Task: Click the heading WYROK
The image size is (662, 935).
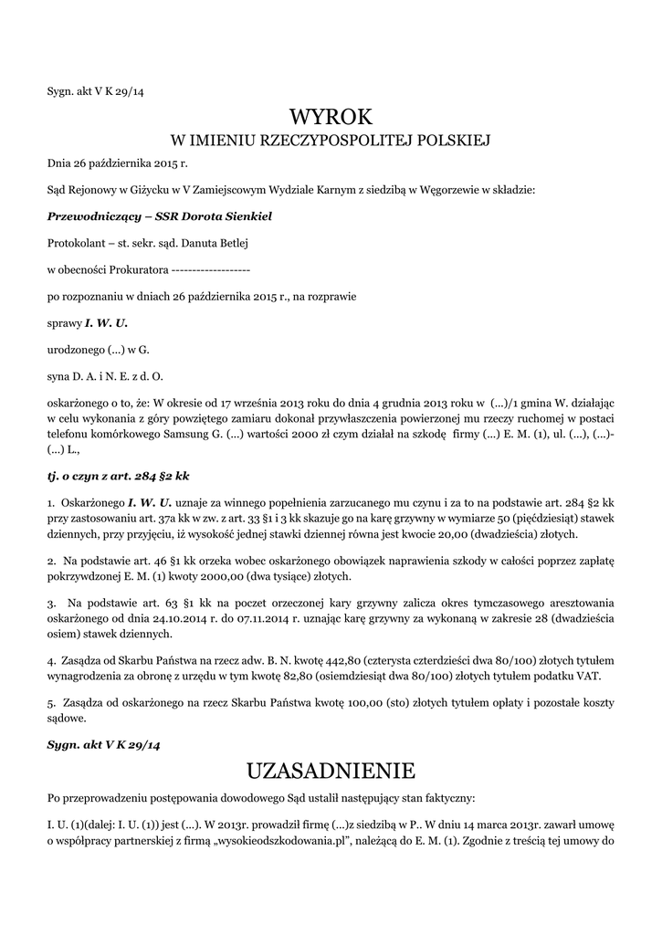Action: coord(331,116)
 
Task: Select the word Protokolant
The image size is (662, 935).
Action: coord(73,244)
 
